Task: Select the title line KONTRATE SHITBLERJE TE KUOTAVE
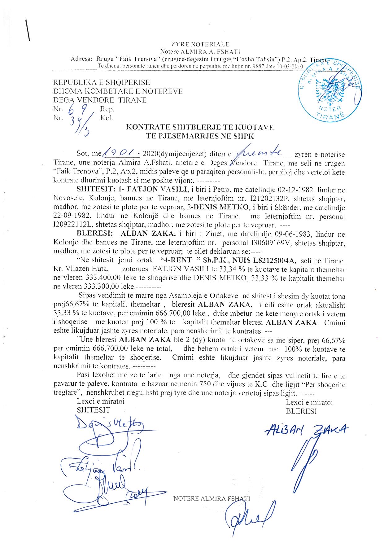coord(199,127)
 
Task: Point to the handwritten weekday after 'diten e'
coord(264,153)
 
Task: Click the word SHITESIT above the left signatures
coord(94,410)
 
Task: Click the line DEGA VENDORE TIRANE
coord(100,100)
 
